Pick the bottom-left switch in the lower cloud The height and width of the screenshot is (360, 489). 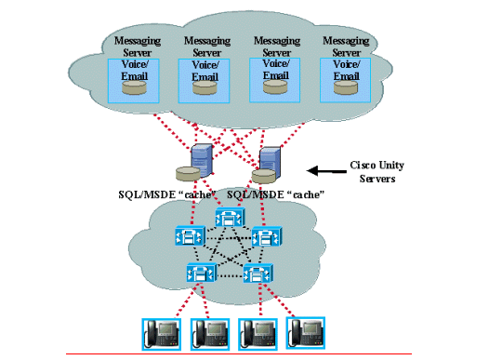click(x=201, y=273)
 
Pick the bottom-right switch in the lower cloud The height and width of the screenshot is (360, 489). click(x=257, y=273)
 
